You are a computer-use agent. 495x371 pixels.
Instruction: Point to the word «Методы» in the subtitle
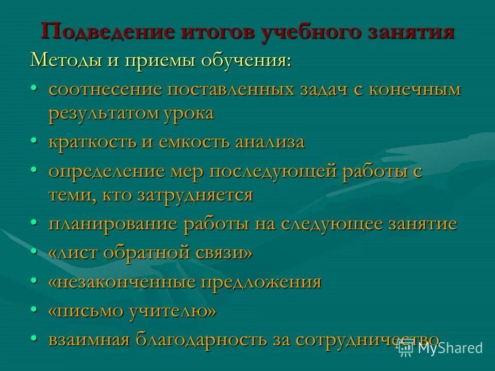tap(65, 60)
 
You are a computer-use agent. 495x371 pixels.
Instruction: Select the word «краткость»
tap(93, 142)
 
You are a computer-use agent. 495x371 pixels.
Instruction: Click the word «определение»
tap(106, 171)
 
